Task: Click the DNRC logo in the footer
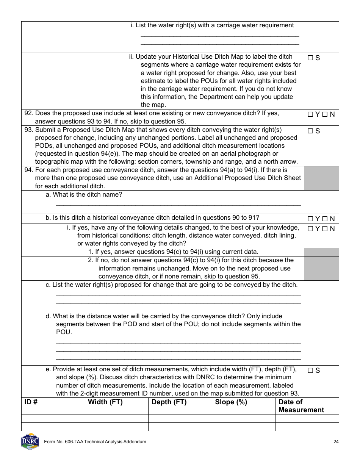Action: pos(30,441)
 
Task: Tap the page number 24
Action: pos(336,442)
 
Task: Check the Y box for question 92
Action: pos(310,114)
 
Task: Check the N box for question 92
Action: pos(324,114)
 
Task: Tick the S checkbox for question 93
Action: pos(310,131)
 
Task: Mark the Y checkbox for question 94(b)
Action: pos(310,219)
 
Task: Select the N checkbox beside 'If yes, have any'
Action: pos(324,229)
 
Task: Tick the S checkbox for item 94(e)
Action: pos(310,371)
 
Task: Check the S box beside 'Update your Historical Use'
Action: pos(310,58)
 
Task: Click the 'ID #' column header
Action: pos(31,402)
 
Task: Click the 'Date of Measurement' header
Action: pos(301,406)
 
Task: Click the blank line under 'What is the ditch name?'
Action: pos(178,204)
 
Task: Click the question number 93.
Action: pos(28,130)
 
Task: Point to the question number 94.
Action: pos(28,170)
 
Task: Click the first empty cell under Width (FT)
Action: pos(116,418)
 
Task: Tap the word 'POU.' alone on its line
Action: pos(64,332)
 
